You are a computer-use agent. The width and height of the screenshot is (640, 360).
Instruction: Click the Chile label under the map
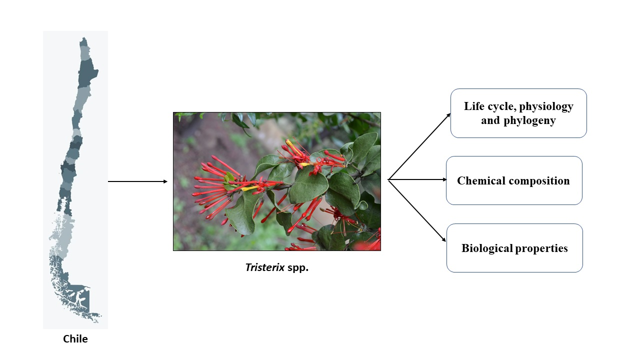75,339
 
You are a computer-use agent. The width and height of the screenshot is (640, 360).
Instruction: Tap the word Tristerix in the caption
265,267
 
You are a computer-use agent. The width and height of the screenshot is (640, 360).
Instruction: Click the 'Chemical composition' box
514,180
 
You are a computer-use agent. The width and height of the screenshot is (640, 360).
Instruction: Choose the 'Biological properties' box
514,248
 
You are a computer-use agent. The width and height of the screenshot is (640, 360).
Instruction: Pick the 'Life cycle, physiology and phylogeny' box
518,113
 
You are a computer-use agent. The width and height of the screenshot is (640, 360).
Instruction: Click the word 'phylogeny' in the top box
529,121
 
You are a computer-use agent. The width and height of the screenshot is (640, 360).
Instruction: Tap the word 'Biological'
487,248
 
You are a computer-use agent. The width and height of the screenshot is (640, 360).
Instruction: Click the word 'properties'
541,248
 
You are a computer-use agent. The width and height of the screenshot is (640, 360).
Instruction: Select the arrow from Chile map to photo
137,181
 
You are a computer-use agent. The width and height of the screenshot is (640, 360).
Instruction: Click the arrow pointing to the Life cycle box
419,146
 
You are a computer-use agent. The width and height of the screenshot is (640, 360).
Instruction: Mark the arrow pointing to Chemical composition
417,179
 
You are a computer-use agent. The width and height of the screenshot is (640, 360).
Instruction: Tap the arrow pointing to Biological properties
417,211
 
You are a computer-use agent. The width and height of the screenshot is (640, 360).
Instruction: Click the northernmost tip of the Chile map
83,37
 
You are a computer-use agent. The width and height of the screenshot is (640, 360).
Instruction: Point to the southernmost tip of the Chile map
96,322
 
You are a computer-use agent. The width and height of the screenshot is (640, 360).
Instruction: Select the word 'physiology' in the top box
546,107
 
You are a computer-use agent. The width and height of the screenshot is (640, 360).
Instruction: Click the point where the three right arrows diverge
388,179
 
